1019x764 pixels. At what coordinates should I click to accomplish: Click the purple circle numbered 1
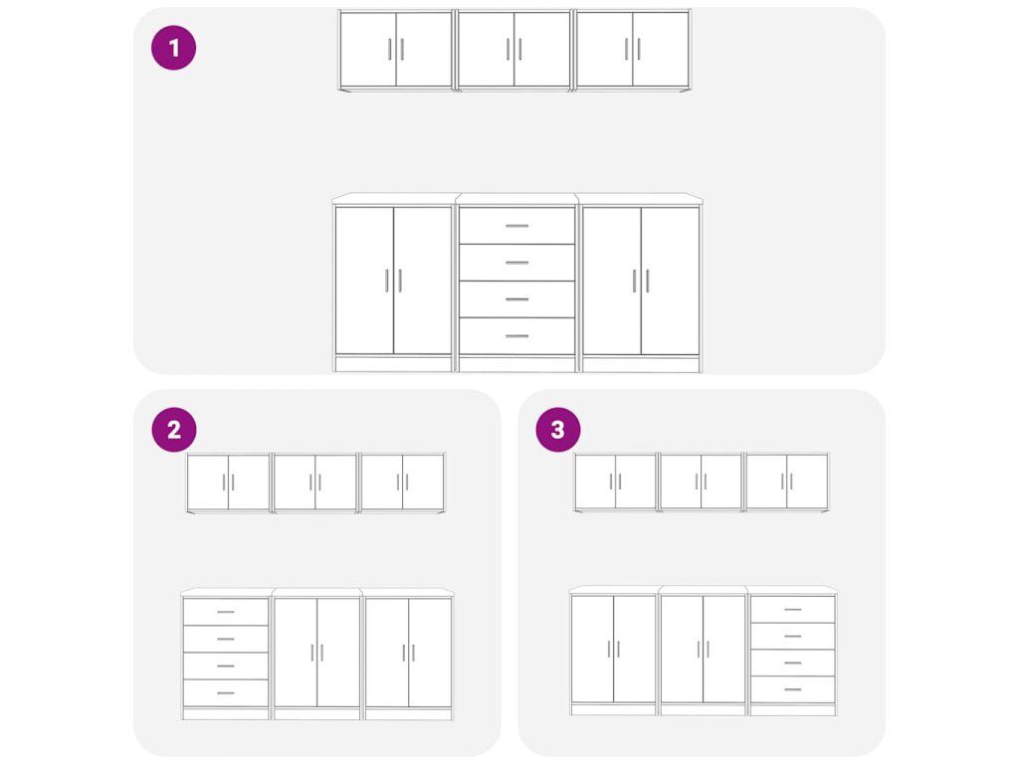(x=173, y=48)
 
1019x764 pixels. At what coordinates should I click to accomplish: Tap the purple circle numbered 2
(x=173, y=430)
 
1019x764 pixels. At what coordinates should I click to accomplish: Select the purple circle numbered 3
(x=557, y=430)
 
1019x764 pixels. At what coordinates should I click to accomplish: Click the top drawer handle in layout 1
(x=516, y=226)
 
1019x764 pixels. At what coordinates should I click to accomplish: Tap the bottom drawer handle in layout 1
(x=516, y=336)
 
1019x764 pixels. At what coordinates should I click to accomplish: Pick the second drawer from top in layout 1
(x=516, y=263)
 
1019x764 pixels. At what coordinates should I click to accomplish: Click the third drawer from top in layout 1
(x=516, y=299)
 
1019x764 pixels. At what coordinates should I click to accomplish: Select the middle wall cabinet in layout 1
(x=514, y=50)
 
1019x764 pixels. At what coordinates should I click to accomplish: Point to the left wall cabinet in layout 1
(x=396, y=50)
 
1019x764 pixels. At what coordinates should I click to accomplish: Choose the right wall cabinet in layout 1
(x=632, y=50)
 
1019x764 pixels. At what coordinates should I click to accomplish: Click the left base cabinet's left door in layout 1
(x=364, y=281)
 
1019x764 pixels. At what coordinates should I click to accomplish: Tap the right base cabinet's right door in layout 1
(x=670, y=281)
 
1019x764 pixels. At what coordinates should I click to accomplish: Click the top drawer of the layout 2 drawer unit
(x=226, y=612)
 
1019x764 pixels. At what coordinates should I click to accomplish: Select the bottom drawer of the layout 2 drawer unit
(x=226, y=693)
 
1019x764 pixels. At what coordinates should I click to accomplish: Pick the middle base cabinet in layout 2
(x=317, y=654)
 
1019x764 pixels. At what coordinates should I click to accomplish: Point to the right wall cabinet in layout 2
(x=402, y=482)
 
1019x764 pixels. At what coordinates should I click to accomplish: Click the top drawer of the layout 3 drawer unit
(x=793, y=610)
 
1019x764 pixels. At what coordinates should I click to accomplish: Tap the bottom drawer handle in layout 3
(x=793, y=689)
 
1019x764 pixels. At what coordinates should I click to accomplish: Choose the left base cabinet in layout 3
(x=613, y=651)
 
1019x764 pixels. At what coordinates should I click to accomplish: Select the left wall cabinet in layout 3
(x=615, y=482)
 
